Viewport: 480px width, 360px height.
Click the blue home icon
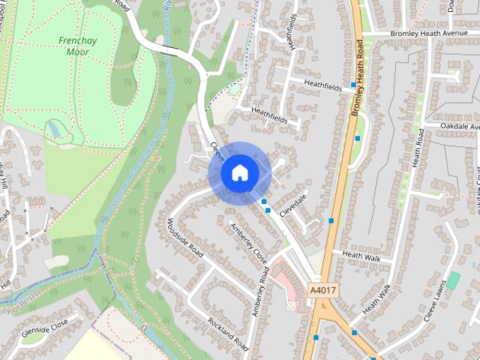pyautogui.click(x=239, y=173)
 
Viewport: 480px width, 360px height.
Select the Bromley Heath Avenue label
pyautogui.click(x=428, y=34)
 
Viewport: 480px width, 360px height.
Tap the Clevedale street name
pyautogui.click(x=293, y=204)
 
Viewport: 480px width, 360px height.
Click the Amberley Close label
pyautogui.click(x=249, y=240)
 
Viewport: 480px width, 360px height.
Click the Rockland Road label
pyautogui.click(x=229, y=331)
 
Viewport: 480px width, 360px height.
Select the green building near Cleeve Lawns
pyautogui.click(x=452, y=280)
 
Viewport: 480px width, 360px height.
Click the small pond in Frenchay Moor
pyautogui.click(x=55, y=131)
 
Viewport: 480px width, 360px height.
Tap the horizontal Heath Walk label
pyautogui.click(x=361, y=255)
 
